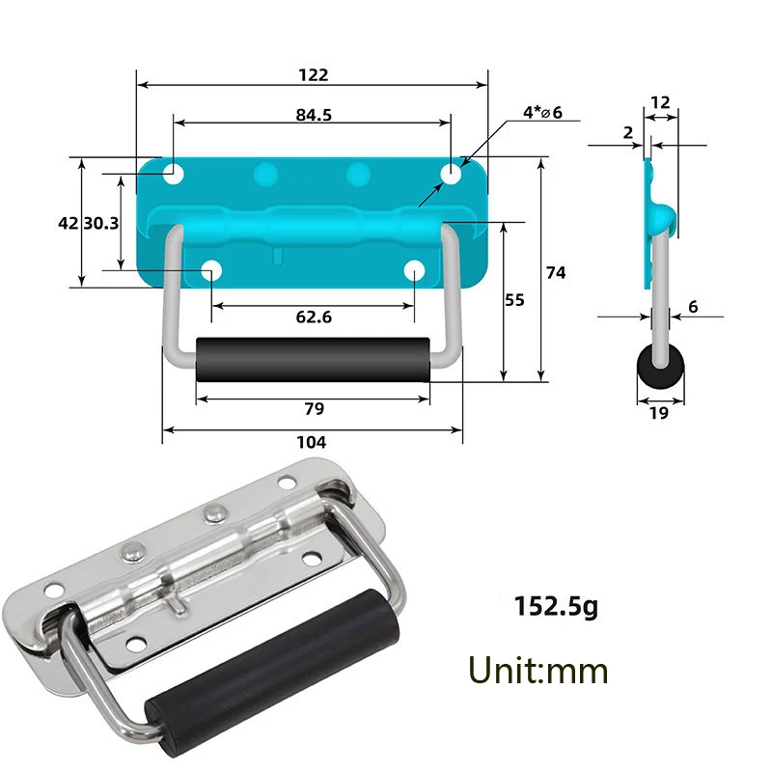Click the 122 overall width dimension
point(314,75)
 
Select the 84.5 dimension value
point(314,114)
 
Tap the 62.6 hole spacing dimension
point(314,317)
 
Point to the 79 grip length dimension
point(314,408)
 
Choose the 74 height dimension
point(556,273)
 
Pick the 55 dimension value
point(514,300)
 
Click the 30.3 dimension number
point(100,222)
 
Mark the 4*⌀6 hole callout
point(542,113)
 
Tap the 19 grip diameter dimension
point(660,414)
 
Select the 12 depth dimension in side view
point(661,102)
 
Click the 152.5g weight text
point(556,607)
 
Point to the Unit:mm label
point(538,669)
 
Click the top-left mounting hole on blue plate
point(174,174)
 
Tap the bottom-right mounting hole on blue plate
point(415,271)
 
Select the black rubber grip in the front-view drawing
point(313,361)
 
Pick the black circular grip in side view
point(661,369)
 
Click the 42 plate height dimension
point(68,222)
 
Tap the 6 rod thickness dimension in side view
point(693,307)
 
